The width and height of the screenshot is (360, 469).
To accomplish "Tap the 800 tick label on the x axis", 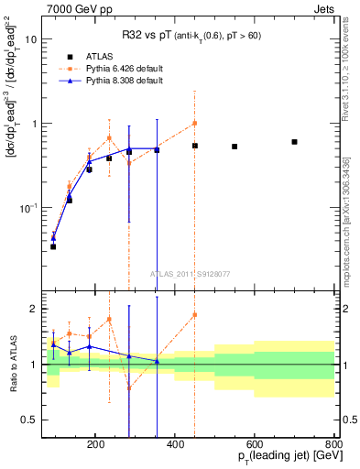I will [335, 444].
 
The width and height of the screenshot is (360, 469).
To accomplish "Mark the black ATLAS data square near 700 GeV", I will [294, 142].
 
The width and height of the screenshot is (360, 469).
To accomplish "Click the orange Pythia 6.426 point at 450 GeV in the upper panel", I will [194, 123].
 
